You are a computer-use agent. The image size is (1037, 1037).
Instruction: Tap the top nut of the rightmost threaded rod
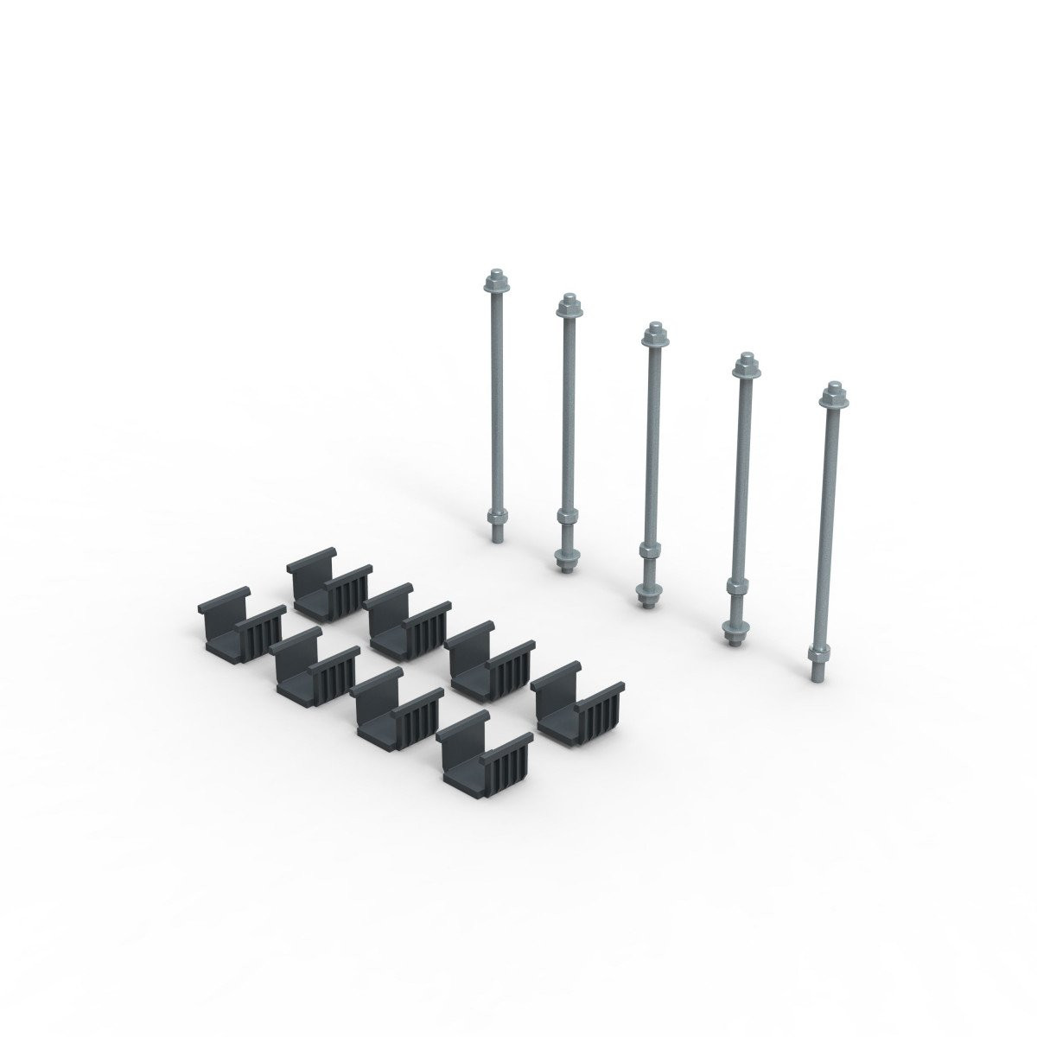tap(832, 394)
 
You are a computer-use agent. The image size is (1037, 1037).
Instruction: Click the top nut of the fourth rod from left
tap(742, 367)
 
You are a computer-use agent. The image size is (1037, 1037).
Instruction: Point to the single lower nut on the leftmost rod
tap(497, 519)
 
